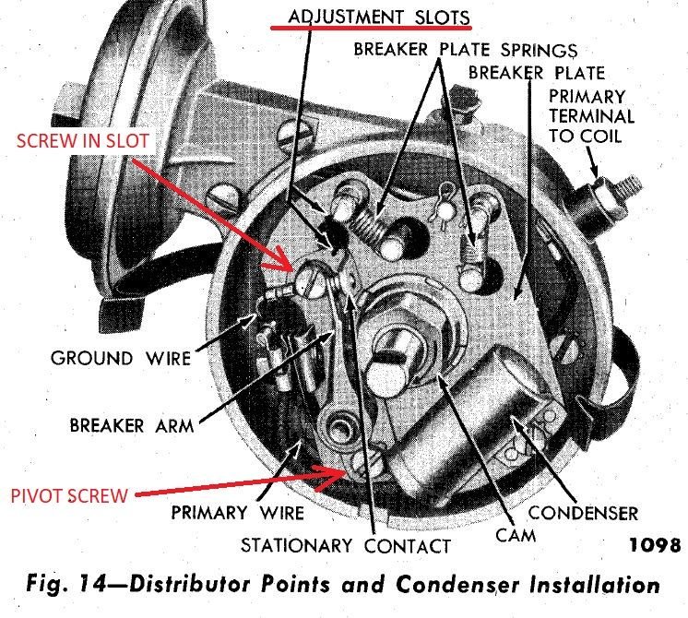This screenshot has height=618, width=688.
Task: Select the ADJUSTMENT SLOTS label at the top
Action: (x=378, y=18)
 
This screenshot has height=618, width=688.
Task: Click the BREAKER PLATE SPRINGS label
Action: (x=467, y=48)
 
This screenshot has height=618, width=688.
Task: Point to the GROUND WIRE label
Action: (x=121, y=356)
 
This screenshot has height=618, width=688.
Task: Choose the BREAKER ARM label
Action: (x=132, y=425)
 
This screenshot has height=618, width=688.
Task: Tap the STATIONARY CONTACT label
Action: (x=347, y=545)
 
